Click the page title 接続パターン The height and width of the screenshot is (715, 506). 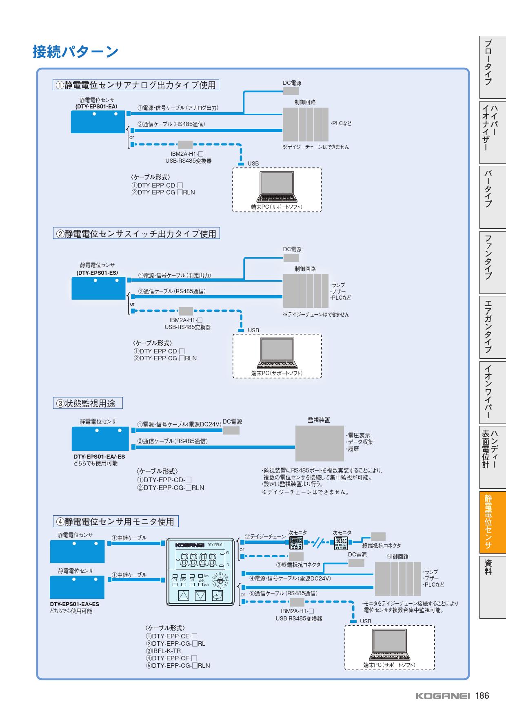click(75, 52)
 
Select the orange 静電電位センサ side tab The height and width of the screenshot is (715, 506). click(493, 521)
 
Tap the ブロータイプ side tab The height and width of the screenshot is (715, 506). click(493, 67)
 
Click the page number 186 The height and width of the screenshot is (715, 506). click(482, 696)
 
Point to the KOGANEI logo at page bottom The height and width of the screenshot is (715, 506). click(443, 696)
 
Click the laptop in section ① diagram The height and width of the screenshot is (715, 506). click(277, 187)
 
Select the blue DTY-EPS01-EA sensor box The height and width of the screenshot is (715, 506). click(98, 121)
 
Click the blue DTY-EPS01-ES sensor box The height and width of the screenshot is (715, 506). click(98, 288)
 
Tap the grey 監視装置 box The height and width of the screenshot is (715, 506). click(320, 443)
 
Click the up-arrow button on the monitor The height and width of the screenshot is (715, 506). click(184, 596)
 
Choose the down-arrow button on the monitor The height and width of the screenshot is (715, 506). click(200, 596)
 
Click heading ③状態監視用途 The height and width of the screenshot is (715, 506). click(88, 403)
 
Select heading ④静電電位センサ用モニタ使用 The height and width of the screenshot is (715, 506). click(116, 521)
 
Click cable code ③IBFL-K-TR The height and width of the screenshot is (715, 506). click(164, 651)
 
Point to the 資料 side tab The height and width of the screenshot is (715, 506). click(493, 567)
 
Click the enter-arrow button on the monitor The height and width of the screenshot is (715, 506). click(217, 596)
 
